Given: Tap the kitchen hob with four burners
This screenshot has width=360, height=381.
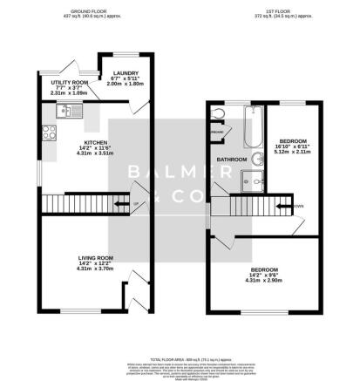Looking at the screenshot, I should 47,134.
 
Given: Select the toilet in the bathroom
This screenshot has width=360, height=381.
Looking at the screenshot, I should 218,114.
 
